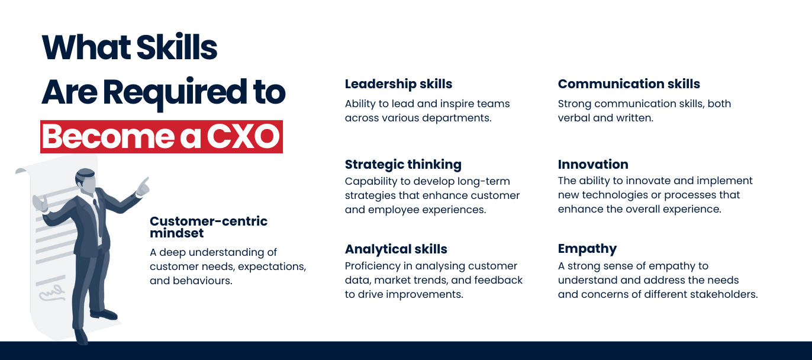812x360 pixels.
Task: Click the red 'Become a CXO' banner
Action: pyautogui.click(x=162, y=137)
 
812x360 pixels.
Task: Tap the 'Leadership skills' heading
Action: pyautogui.click(x=398, y=84)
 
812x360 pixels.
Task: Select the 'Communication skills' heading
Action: pyautogui.click(x=629, y=83)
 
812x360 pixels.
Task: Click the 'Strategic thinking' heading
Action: pyautogui.click(x=403, y=165)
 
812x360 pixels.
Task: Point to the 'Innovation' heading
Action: pyautogui.click(x=593, y=164)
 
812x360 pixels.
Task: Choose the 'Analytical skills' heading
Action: pyautogui.click(x=396, y=249)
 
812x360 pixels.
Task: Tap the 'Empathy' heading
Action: pyautogui.click(x=587, y=249)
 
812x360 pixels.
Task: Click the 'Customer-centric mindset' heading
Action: pyautogui.click(x=208, y=227)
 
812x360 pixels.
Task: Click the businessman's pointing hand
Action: pyautogui.click(x=143, y=185)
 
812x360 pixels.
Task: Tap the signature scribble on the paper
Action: pyautogui.click(x=52, y=294)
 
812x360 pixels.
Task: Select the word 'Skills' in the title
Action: pyautogui.click(x=176, y=47)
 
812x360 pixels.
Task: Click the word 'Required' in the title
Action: pyautogui.click(x=175, y=93)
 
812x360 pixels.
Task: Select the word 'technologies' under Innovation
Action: pyautogui.click(x=614, y=195)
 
